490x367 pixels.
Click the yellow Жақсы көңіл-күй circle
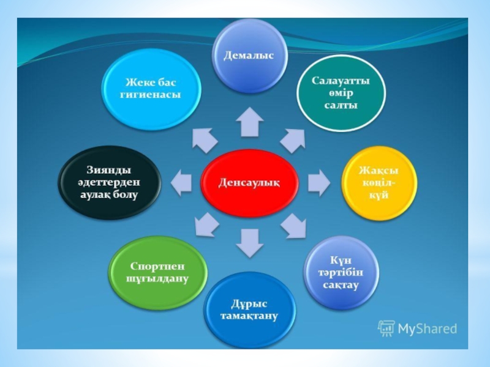point(378,182)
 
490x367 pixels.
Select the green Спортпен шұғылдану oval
point(157,272)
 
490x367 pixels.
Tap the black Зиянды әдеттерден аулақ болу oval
point(110,182)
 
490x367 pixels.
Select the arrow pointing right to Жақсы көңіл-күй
point(318,182)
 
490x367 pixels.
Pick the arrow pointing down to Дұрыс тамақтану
point(249,242)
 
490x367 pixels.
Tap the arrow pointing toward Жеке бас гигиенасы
point(204,140)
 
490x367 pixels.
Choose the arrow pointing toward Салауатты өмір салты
point(293,141)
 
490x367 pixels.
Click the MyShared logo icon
point(386,328)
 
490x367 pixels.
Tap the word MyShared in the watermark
point(428,329)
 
